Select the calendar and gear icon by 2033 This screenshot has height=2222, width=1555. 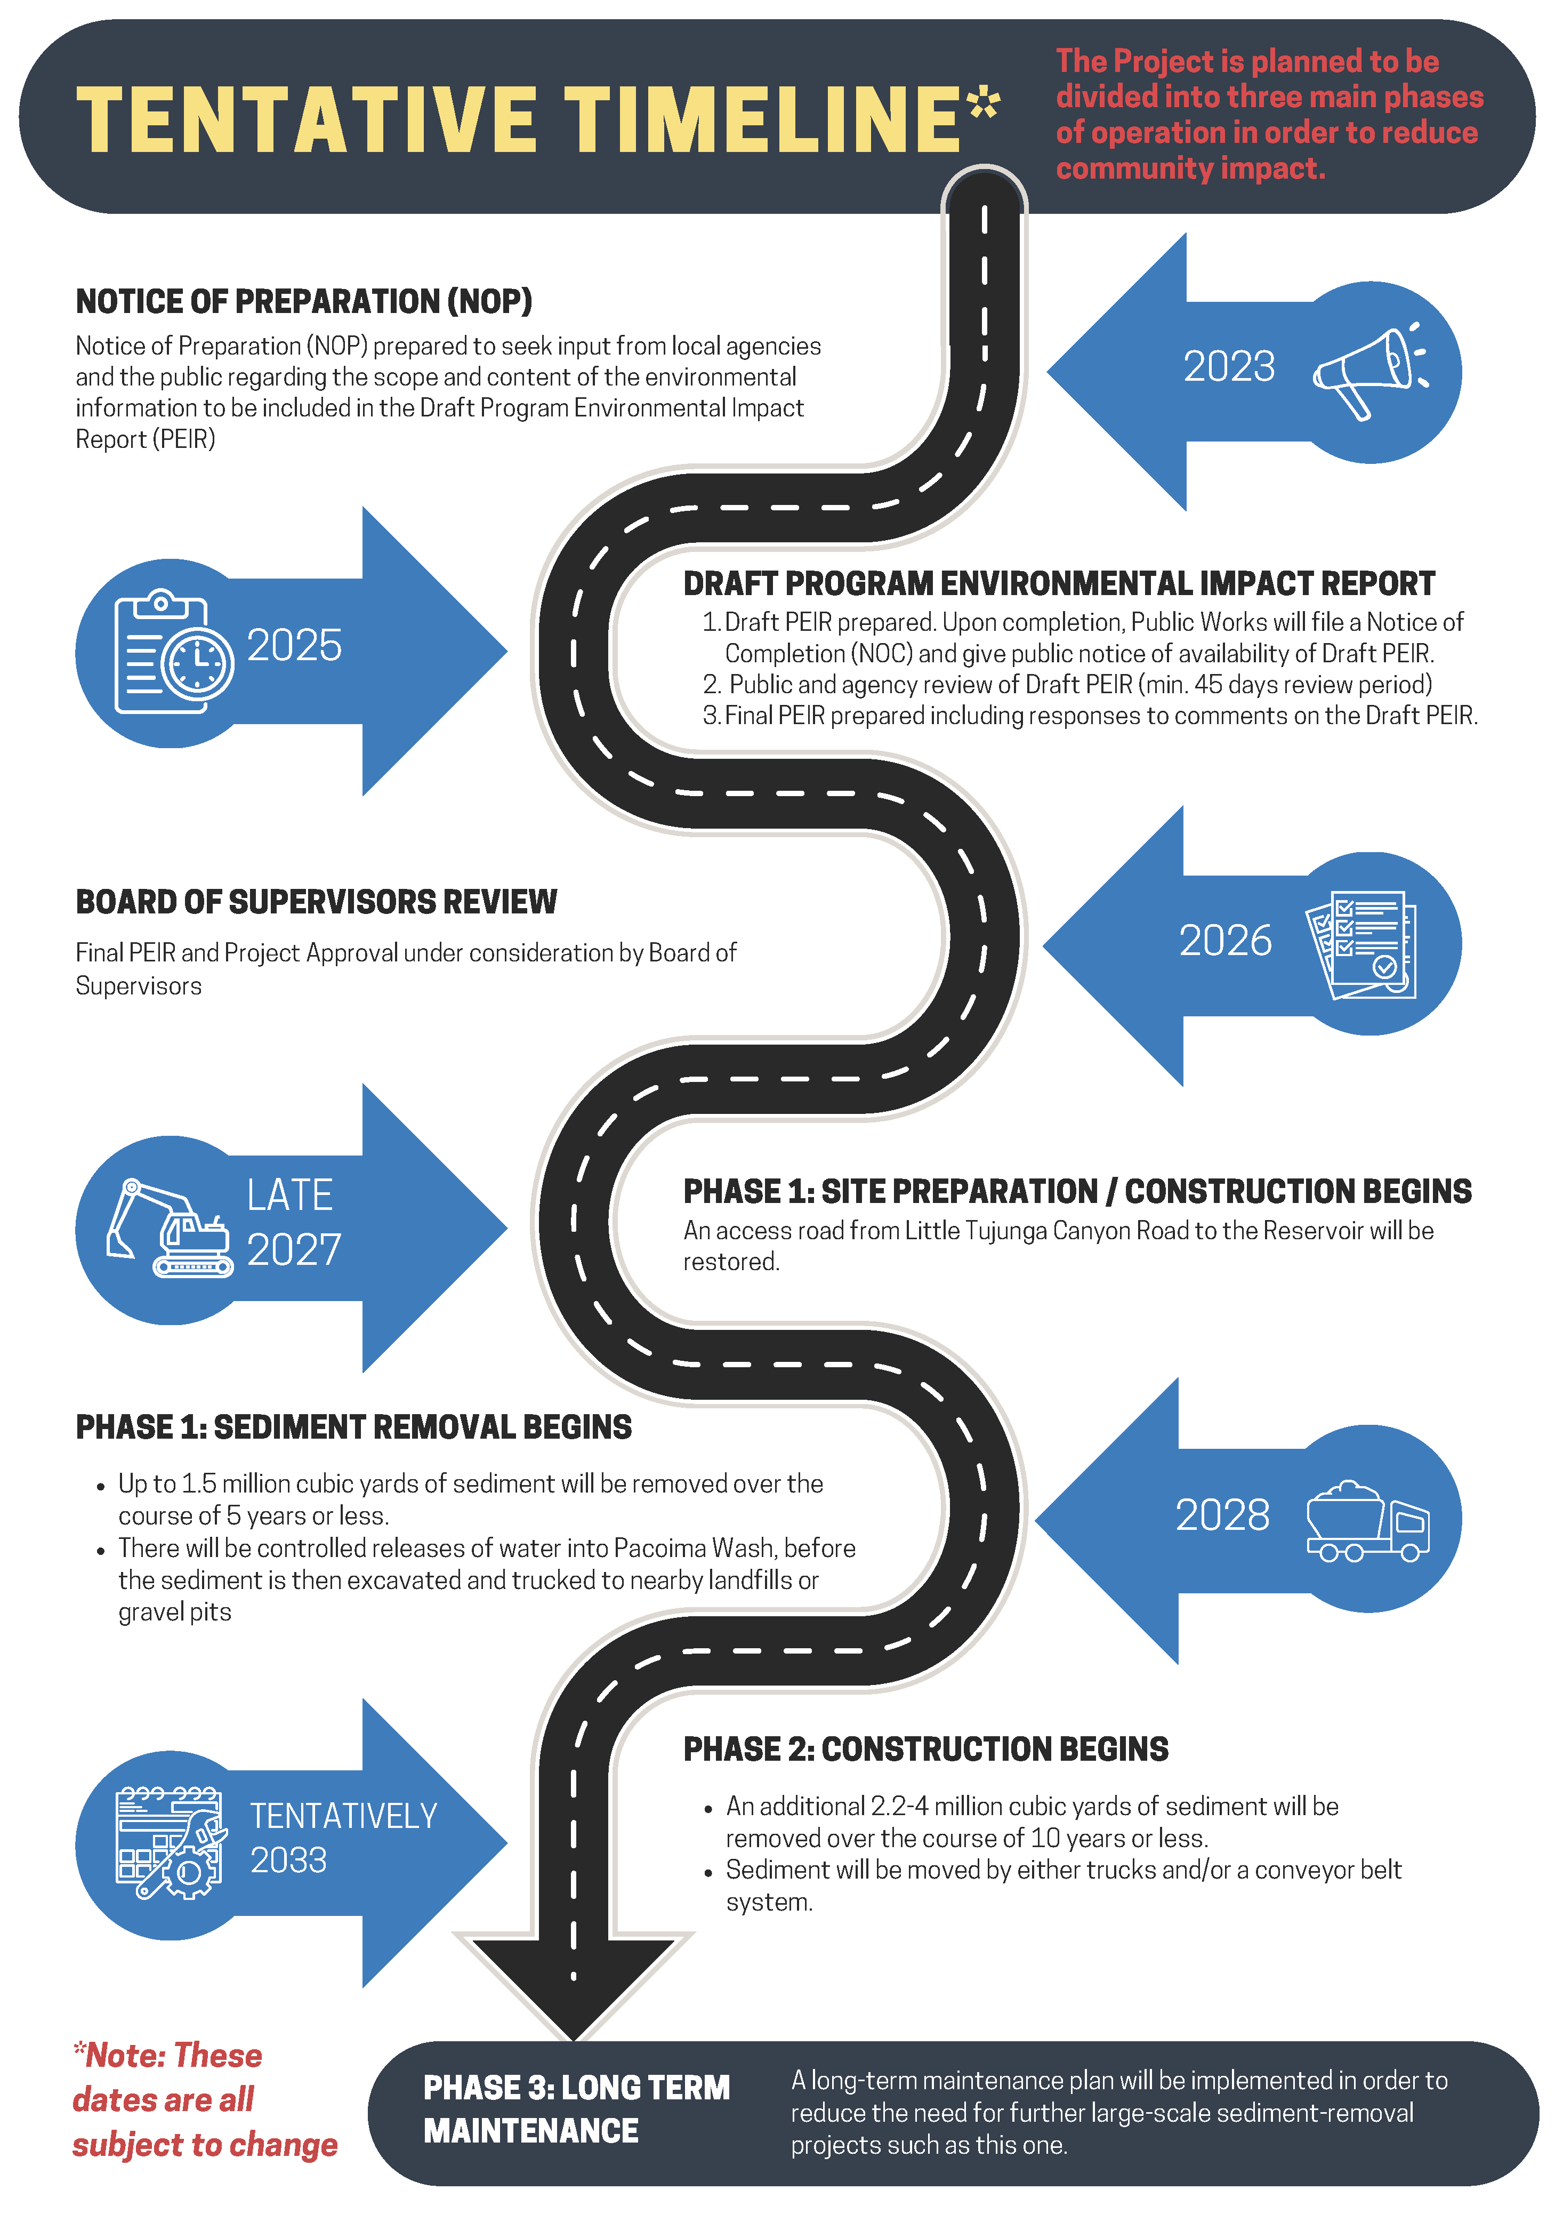click(170, 1843)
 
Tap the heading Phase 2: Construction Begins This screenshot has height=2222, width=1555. click(925, 1750)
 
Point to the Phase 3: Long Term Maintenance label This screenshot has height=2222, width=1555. click(576, 2109)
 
